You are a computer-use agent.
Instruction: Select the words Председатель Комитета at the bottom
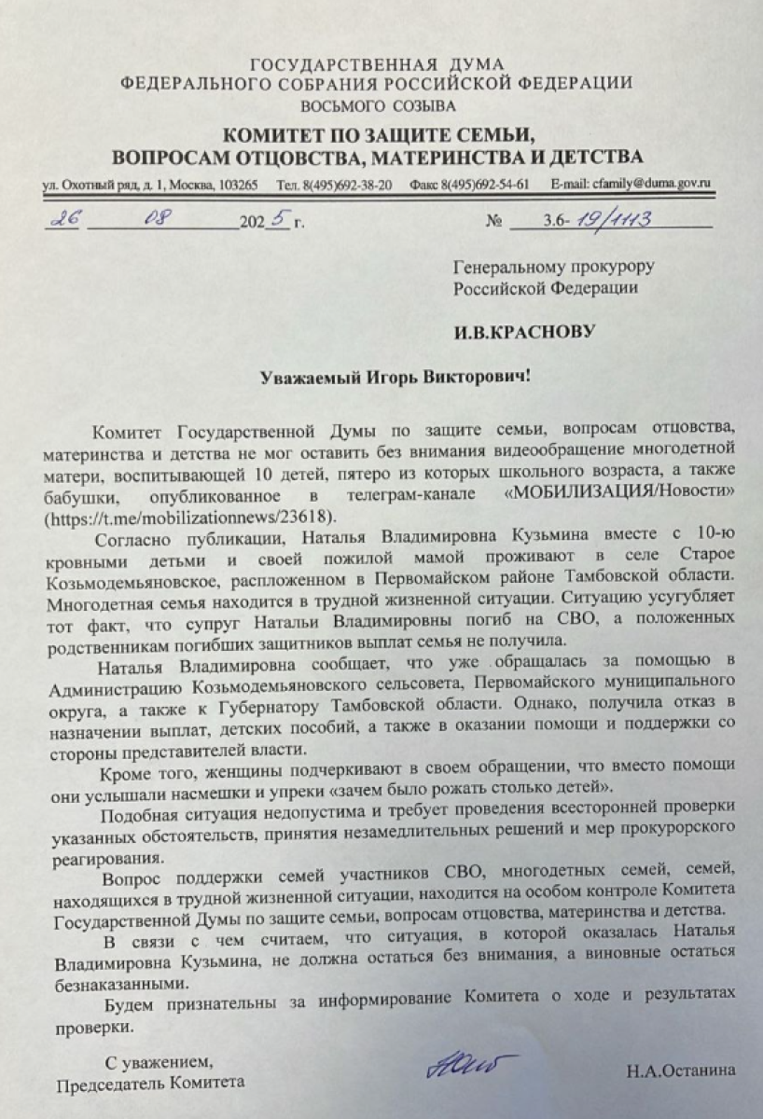[x=150, y=1084]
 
